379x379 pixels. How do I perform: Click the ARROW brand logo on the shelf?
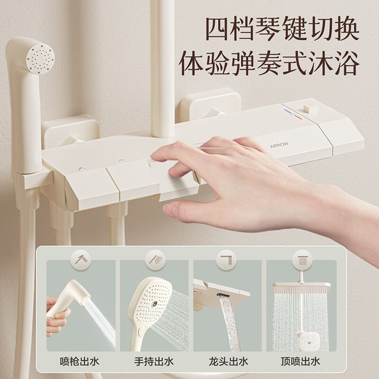279,145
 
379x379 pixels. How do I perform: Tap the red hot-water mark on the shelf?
298,117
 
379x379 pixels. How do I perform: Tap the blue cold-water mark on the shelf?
287,111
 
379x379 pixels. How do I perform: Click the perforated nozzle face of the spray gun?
40,58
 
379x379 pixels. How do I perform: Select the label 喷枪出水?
79,362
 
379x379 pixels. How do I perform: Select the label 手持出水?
154,362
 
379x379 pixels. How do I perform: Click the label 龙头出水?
229,362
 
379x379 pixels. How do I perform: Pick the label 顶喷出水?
300,362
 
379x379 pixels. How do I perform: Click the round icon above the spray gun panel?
81,260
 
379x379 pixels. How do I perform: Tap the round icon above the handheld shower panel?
155,260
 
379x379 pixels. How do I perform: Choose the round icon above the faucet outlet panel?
226,260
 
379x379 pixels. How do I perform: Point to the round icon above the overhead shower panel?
302,260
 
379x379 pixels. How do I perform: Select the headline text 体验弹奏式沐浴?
269,63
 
